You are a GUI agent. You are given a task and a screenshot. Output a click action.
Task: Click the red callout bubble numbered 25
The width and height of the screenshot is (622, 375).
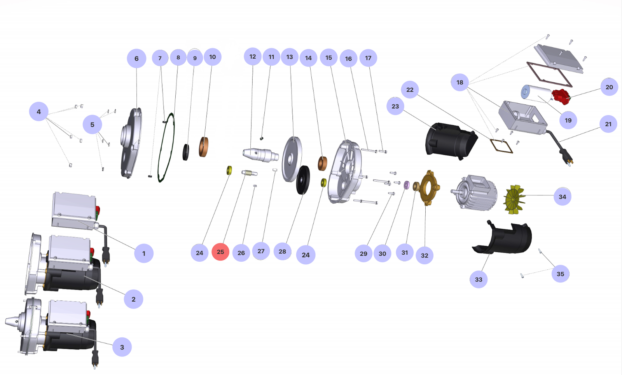tap(220, 252)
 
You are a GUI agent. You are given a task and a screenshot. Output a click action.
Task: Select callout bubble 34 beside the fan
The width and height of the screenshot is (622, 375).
tap(562, 197)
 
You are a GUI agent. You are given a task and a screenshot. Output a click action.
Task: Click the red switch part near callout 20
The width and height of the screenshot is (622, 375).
tap(561, 96)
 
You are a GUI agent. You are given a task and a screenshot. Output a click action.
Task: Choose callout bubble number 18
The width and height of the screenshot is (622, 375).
tap(460, 82)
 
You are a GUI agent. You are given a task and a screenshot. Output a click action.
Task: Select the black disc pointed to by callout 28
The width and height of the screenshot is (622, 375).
tap(303, 180)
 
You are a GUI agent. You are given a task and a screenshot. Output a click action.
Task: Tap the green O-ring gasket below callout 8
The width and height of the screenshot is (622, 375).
tap(166, 148)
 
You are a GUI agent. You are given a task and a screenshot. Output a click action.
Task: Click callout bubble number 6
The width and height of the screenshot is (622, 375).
tap(136, 59)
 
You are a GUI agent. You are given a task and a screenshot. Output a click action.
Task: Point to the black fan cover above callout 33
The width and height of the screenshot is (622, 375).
tap(505, 238)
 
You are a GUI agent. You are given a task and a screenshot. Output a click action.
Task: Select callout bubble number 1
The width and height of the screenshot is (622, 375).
tap(143, 253)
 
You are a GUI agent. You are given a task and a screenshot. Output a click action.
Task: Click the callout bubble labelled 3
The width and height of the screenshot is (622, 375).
tap(122, 347)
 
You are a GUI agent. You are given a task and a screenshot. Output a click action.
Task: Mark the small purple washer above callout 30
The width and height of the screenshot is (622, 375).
tap(407, 184)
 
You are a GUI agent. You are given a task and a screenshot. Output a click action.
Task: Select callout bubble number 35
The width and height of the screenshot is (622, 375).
tap(560, 274)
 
